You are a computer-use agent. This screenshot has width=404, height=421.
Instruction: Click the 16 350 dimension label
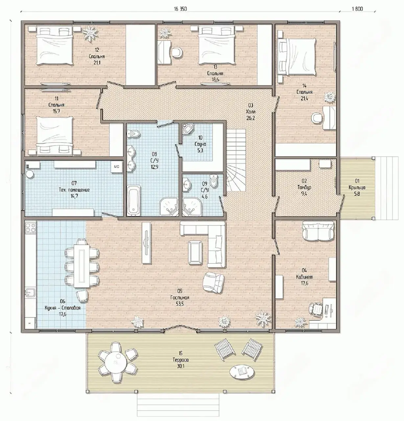(180, 9)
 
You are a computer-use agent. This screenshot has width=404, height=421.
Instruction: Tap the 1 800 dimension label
(357, 9)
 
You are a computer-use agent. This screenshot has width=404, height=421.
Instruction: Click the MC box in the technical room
(116, 166)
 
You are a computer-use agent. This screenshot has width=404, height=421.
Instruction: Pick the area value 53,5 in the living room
(180, 304)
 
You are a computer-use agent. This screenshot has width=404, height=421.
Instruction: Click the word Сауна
(200, 144)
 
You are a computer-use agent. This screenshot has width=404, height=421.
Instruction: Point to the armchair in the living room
(213, 283)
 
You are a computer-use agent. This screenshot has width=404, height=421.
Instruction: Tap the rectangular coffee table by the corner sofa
(195, 253)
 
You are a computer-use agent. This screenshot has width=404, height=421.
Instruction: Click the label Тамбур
(304, 187)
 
